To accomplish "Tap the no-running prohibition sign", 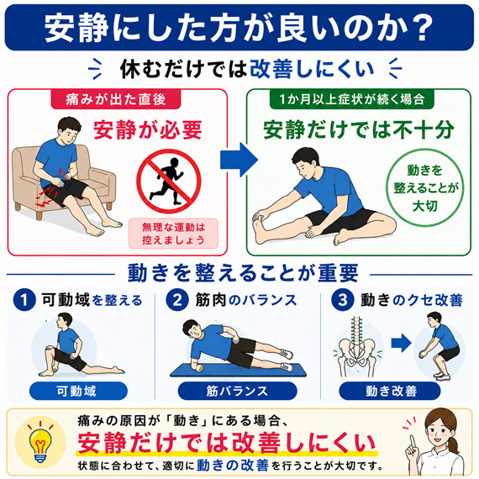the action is pos(169,181).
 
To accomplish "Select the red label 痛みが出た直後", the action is pos(116,99).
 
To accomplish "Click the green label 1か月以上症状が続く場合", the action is pos(351,99).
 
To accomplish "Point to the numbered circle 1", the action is pos(24,300).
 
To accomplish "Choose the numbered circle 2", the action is pos(177,300).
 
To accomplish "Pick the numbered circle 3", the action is pos(343,300).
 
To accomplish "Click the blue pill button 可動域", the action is pos(78,391).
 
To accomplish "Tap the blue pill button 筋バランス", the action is pos(237,391).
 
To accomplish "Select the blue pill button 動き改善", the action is pos(390,391).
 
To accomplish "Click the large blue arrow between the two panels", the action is pos(239,160).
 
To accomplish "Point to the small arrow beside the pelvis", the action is pos(401,343).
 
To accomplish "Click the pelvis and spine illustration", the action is pos(357,348).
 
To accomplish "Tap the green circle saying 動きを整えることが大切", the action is pos(425,187).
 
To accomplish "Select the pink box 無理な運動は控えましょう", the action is pos(173,234).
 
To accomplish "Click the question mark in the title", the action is pos(420,28).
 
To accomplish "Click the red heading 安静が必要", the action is pos(148,130).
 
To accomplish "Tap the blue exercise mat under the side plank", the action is pos(239,370).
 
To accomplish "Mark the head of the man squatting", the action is pos(434,319).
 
